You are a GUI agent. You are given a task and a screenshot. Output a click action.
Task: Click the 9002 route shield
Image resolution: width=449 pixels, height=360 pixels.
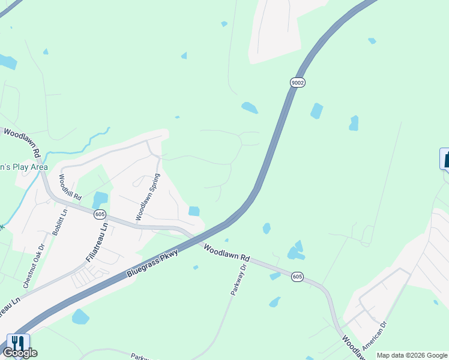pos(296,82)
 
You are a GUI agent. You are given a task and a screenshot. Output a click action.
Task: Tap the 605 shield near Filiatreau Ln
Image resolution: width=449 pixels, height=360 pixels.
pos(100,214)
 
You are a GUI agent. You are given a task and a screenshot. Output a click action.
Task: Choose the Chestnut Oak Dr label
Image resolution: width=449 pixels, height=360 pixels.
pos(33,256)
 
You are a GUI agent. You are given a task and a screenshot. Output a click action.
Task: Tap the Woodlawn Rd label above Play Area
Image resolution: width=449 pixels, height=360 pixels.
pos(22,143)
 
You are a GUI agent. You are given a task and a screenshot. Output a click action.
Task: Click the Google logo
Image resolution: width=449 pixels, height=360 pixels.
pos(20,353)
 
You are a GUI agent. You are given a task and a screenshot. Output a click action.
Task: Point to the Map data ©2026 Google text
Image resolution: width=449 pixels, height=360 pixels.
pos(411,355)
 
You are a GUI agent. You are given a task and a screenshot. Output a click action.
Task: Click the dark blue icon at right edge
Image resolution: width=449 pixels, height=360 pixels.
pos(445,159)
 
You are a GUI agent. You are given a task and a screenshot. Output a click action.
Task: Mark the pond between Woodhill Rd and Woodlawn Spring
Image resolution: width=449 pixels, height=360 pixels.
pos(100,199)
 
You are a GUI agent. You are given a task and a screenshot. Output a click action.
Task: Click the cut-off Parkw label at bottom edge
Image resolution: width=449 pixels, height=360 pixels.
pos(140,356)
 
